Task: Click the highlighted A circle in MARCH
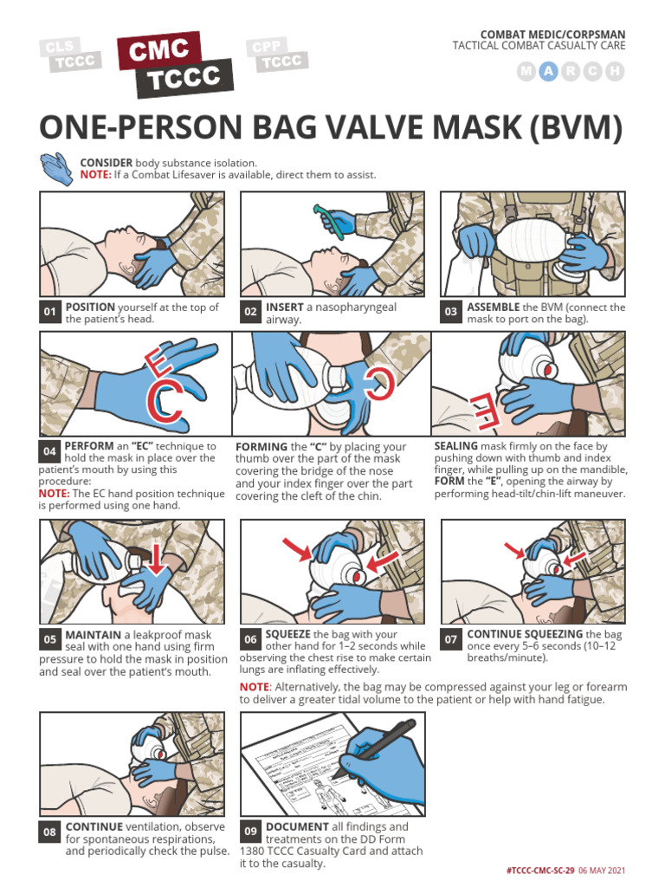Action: pyautogui.click(x=547, y=73)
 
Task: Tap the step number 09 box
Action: pyautogui.click(x=250, y=832)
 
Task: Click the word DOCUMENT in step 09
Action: pyautogui.click(x=297, y=826)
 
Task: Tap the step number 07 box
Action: pyautogui.click(x=451, y=640)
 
